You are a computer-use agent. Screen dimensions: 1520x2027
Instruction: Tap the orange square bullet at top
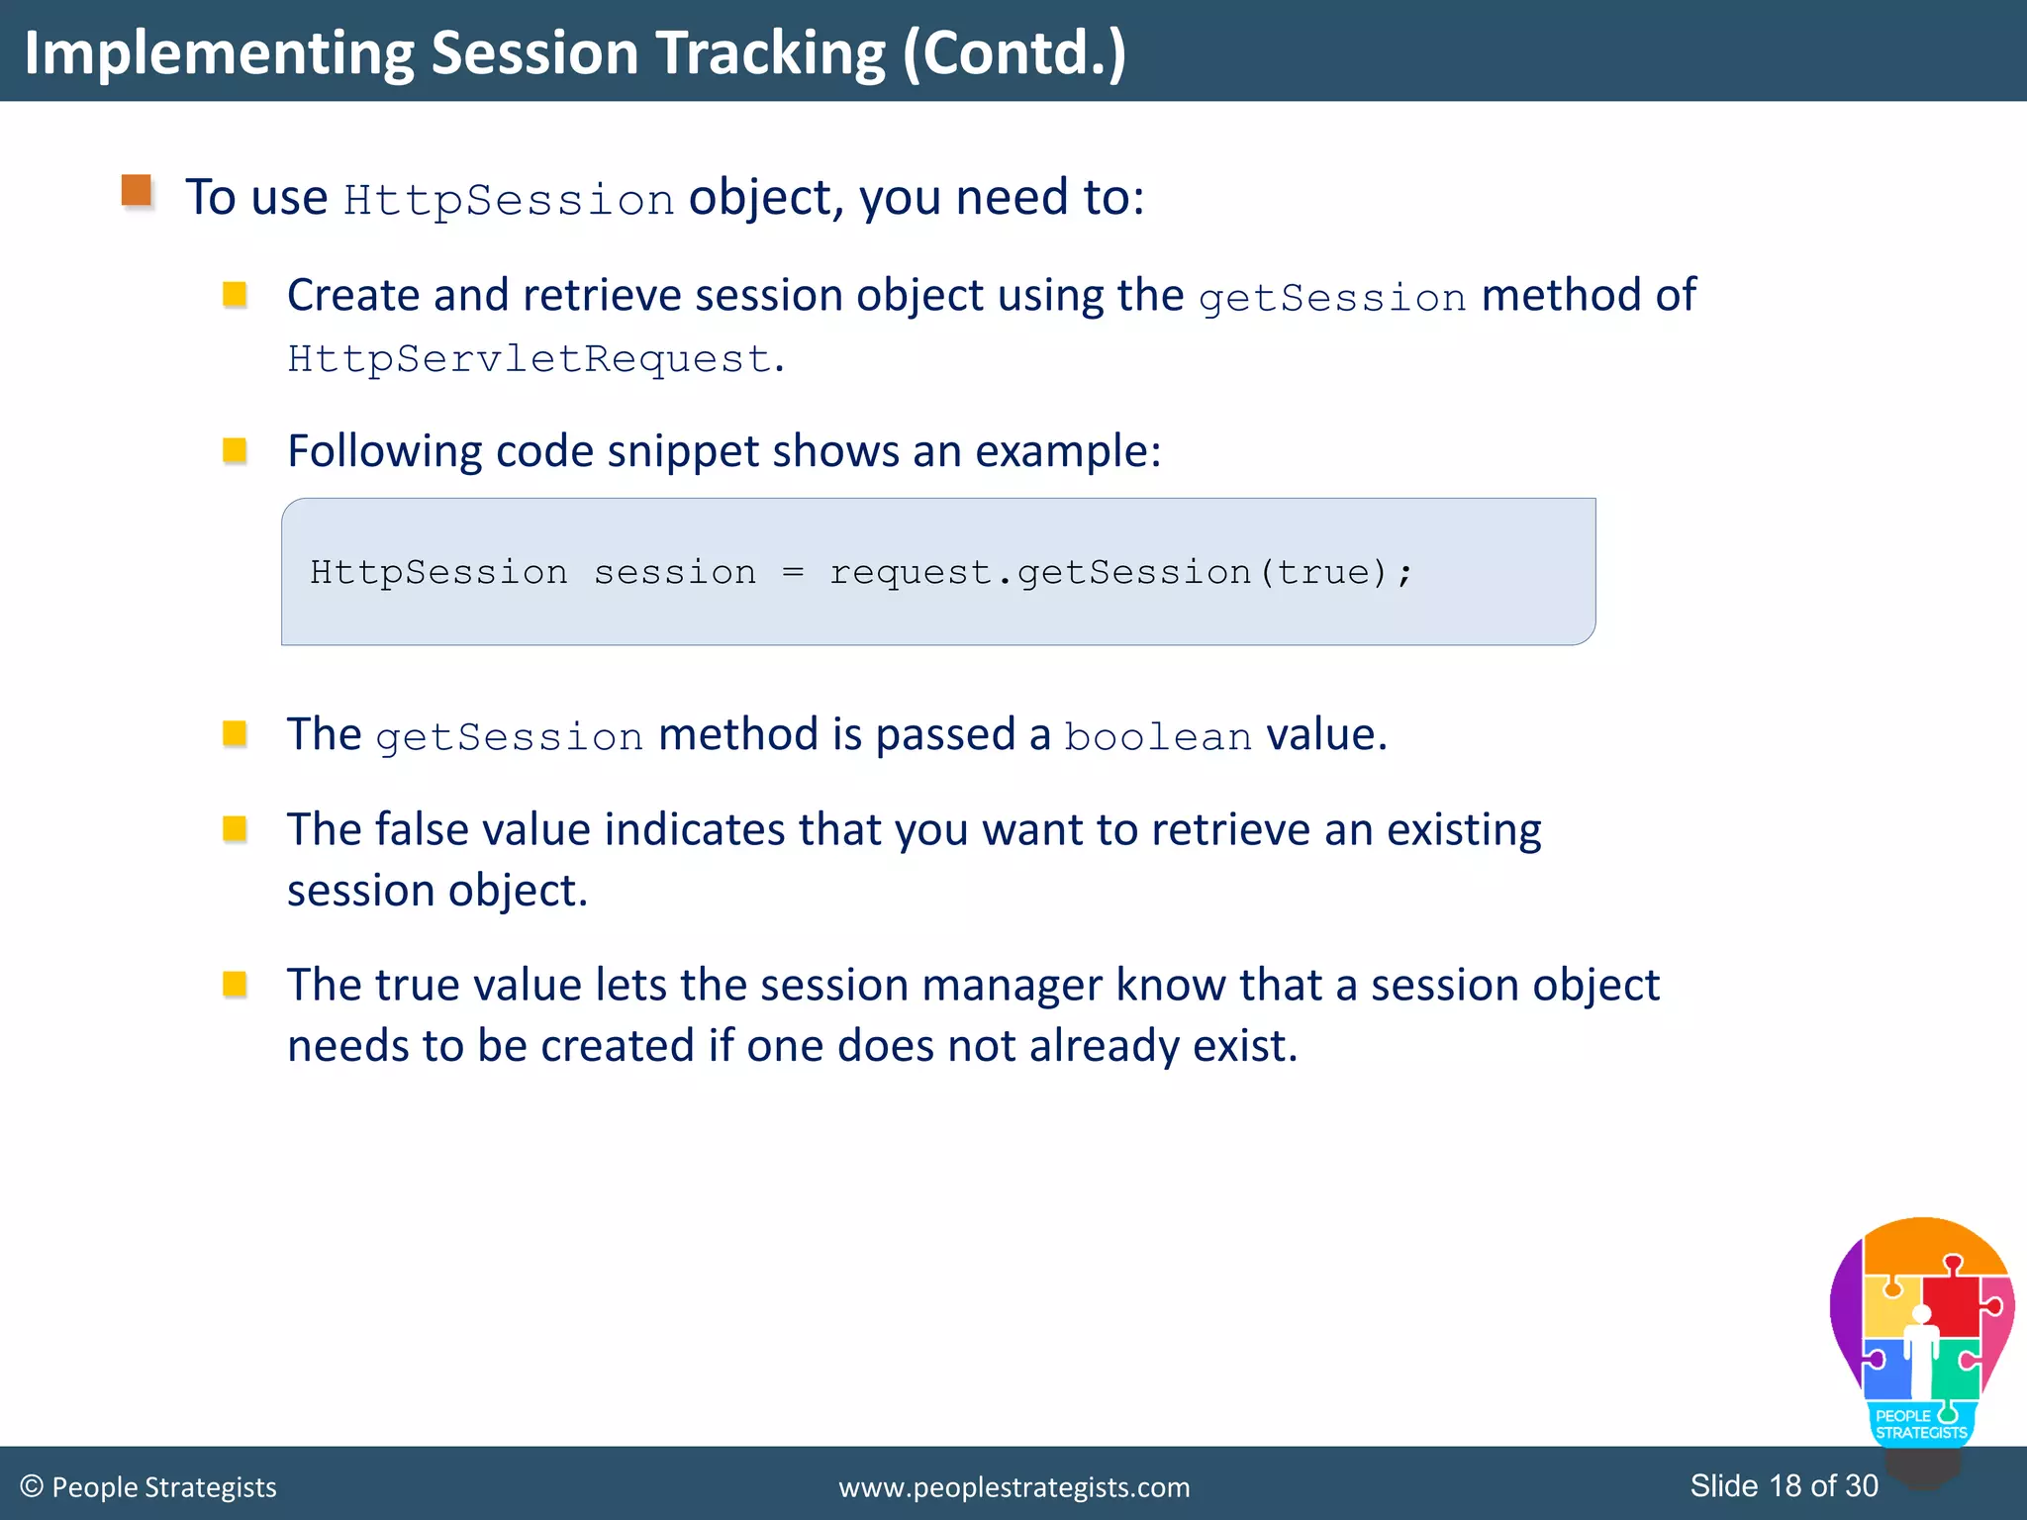pyautogui.click(x=137, y=190)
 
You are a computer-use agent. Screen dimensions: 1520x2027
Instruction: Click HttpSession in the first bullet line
pyautogui.click(x=509, y=200)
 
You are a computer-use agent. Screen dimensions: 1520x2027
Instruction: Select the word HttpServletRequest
pyautogui.click(x=529, y=358)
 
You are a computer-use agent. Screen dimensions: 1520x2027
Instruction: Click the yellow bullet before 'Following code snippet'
pyautogui.click(x=235, y=451)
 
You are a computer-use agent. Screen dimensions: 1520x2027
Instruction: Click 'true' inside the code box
pyautogui.click(x=1322, y=572)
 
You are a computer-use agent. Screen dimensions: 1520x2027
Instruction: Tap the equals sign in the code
pyautogui.click(x=793, y=572)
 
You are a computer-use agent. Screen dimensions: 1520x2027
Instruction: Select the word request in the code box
pyautogui.click(x=910, y=572)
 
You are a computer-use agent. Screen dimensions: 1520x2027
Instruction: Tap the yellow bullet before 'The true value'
pyautogui.click(x=235, y=984)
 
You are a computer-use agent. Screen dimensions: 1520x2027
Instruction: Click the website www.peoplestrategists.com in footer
pyautogui.click(x=1013, y=1487)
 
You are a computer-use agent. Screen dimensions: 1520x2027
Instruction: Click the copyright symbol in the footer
pyautogui.click(x=32, y=1486)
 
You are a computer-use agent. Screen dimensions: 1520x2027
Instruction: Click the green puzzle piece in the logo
pyautogui.click(x=1954, y=1371)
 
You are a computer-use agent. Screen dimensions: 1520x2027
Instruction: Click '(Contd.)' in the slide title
pyautogui.click(x=1013, y=53)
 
